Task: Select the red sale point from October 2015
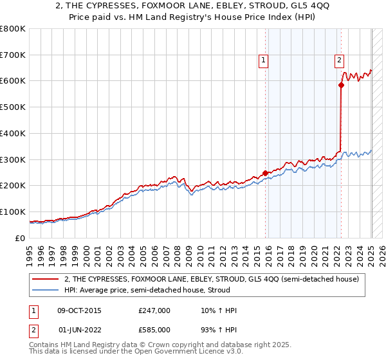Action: pos(265,172)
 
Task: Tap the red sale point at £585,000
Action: pos(341,84)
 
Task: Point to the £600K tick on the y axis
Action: pos(12,81)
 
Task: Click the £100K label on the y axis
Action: pos(12,212)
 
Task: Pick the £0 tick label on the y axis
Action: pos(19,238)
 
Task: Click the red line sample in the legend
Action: pos(45,279)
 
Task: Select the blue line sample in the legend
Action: pos(45,290)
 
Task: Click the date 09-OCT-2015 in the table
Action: pos(79,310)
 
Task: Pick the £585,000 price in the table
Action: pos(154,329)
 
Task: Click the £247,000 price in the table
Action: pos(154,310)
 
